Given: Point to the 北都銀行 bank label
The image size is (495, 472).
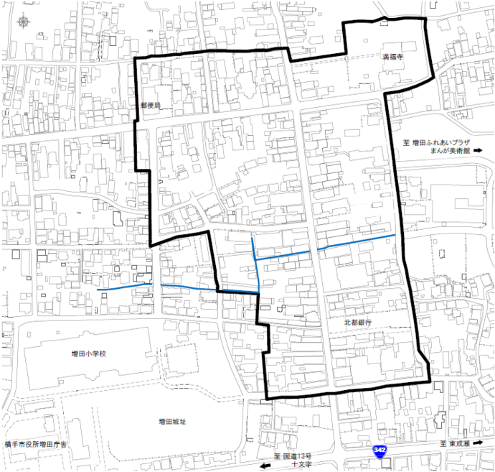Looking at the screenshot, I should click(x=357, y=323).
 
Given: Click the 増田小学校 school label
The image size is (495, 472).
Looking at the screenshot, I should click(x=88, y=353).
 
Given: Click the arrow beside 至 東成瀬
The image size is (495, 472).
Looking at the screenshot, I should click(x=485, y=445).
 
